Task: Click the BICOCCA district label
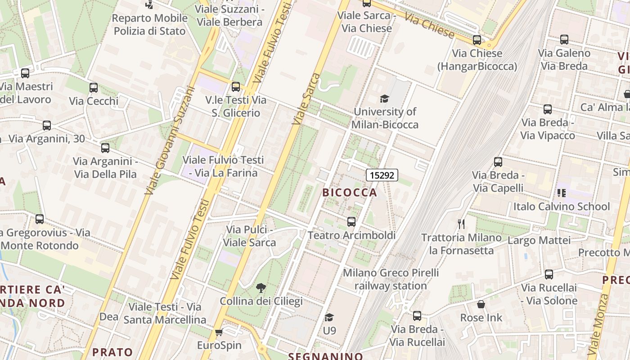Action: pyautogui.click(x=350, y=193)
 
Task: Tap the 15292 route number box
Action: pyautogui.click(x=382, y=175)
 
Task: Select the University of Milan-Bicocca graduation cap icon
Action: pyautogui.click(x=384, y=99)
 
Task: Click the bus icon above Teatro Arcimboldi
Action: pyautogui.click(x=351, y=221)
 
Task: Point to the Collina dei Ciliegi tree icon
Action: pyautogui.click(x=261, y=288)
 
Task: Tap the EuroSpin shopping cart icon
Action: pyautogui.click(x=219, y=332)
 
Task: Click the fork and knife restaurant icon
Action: pyautogui.click(x=461, y=224)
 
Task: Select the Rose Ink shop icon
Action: pyautogui.click(x=481, y=305)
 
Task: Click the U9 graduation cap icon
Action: pyautogui.click(x=329, y=318)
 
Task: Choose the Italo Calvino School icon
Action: pyautogui.click(x=561, y=193)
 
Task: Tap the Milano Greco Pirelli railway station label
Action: pyautogui.click(x=391, y=279)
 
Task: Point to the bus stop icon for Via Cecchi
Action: pyautogui.click(x=94, y=88)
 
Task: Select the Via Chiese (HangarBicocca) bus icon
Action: pyautogui.click(x=477, y=40)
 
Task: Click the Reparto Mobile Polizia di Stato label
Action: pyautogui.click(x=149, y=25)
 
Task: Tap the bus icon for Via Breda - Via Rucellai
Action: pyautogui.click(x=417, y=316)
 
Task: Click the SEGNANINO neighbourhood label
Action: pyautogui.click(x=325, y=356)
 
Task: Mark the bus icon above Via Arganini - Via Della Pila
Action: pyautogui.click(x=105, y=148)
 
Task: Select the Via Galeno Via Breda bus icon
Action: pyautogui.click(x=564, y=40)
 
